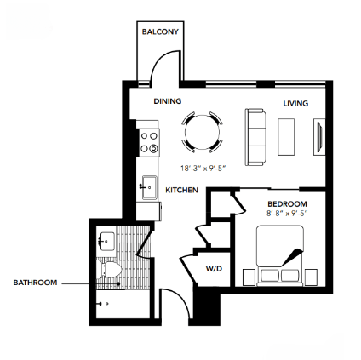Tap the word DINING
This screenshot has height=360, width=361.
coord(167,101)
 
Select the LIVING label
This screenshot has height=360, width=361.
coord(295,103)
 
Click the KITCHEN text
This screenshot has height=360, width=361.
coord(181,190)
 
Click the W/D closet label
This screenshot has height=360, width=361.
coord(214,269)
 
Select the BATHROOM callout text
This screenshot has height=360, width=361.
coord(35,283)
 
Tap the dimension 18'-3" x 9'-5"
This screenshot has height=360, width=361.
coord(201,168)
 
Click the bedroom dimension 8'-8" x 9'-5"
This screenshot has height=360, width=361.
coord(285,214)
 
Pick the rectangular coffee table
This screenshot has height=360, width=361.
coord(286,135)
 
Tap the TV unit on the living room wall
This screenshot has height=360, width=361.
coord(319,137)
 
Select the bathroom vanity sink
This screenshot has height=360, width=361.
coord(106,241)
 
